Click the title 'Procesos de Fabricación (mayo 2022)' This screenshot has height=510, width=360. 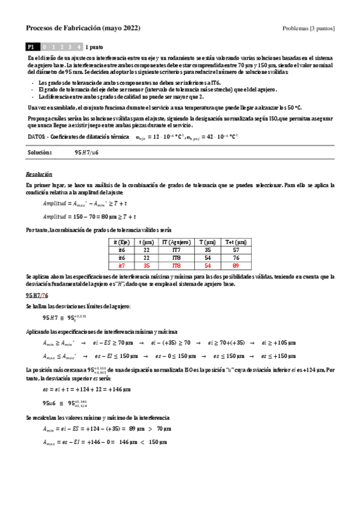tap(84, 28)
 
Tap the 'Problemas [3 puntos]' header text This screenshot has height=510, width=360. tap(308, 29)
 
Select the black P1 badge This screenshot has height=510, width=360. tap(32, 46)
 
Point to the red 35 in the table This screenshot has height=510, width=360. tap(146, 265)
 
